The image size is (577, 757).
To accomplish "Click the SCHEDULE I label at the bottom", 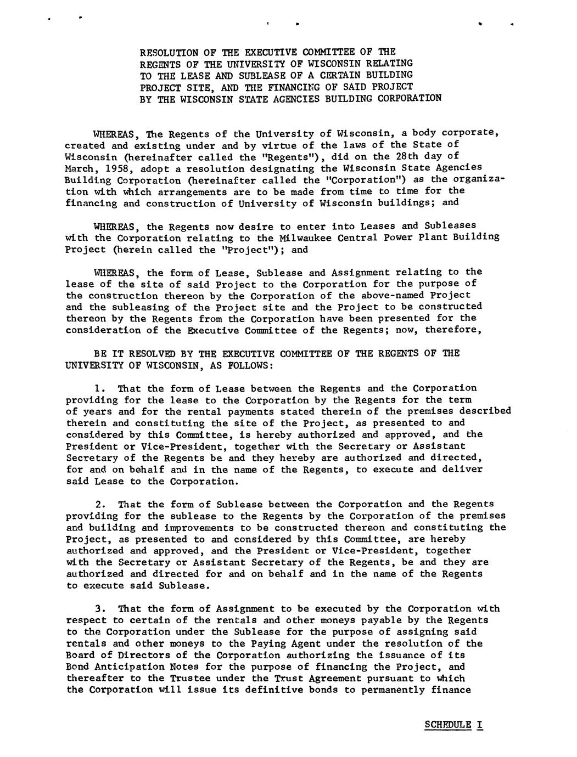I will click(x=454, y=725).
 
